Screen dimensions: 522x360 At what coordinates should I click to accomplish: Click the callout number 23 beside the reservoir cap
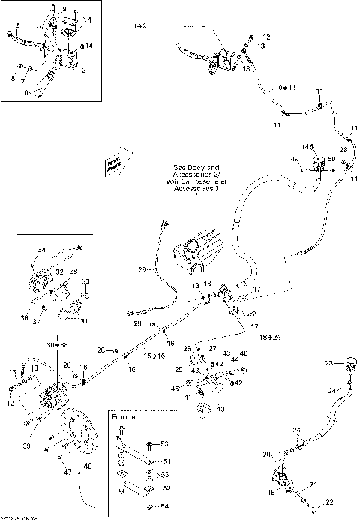(328, 363)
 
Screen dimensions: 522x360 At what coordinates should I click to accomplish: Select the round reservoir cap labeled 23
(347, 364)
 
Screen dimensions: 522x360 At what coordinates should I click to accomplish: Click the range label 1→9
(140, 26)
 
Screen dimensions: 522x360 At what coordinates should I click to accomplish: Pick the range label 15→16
(155, 355)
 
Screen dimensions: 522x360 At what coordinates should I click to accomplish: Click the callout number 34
(41, 250)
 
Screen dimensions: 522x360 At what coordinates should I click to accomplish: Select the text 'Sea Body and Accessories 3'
(196, 179)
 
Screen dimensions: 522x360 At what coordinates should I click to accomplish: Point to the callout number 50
(332, 159)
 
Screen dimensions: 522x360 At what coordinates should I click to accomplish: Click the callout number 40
(220, 408)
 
